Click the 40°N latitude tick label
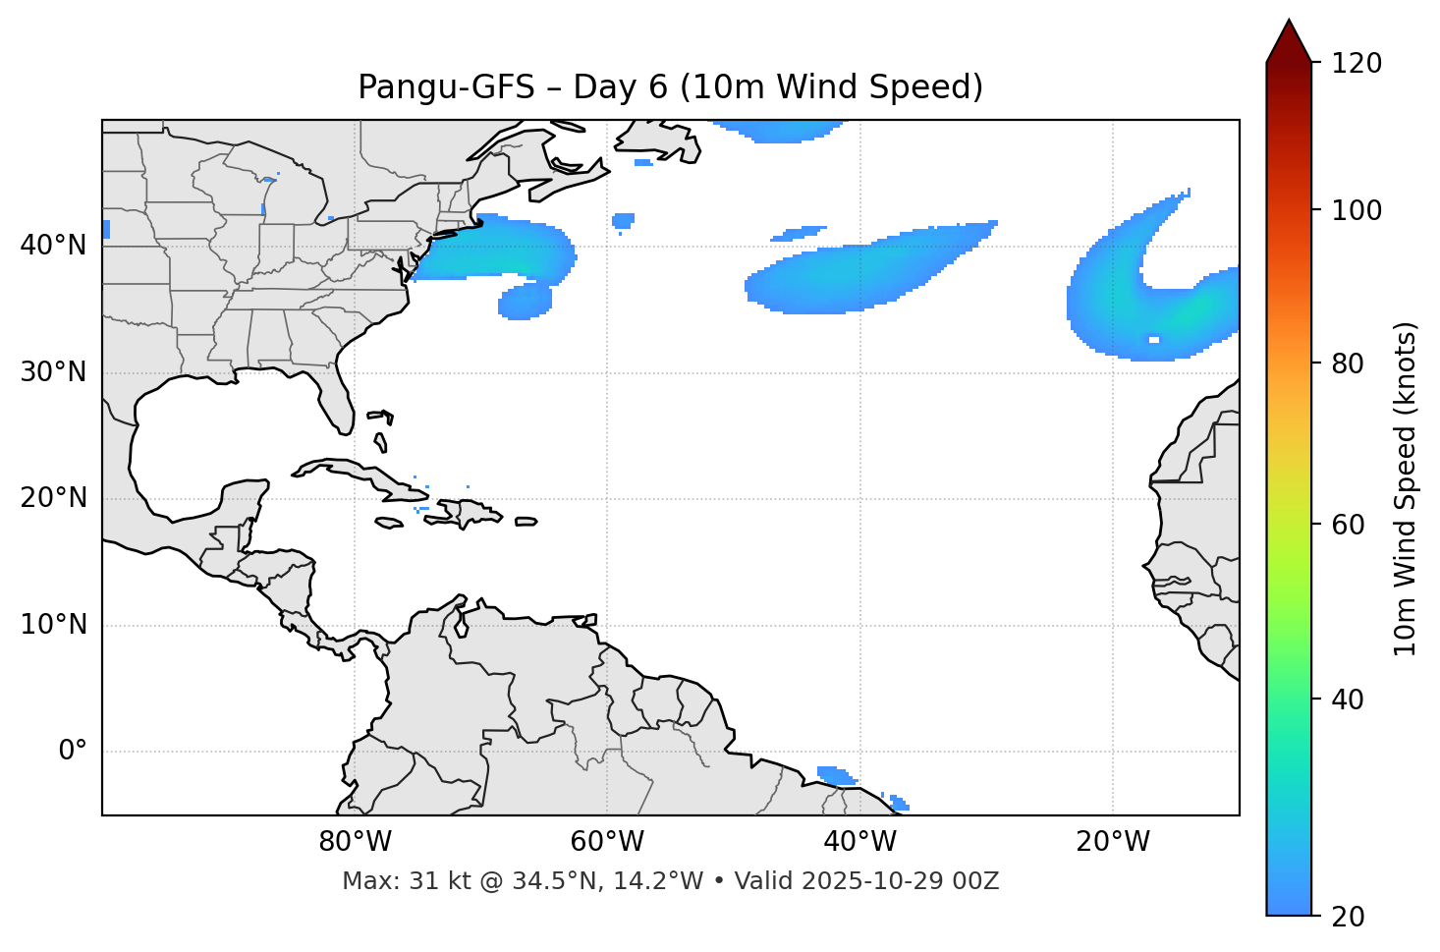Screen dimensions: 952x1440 53,246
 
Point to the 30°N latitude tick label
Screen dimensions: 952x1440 53,372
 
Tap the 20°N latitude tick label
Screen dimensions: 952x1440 53,499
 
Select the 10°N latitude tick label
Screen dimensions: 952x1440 53,625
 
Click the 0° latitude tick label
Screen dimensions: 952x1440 73,752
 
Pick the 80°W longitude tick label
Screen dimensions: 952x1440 355,842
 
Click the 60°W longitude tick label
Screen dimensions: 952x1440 607,842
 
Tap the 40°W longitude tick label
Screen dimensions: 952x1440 859,842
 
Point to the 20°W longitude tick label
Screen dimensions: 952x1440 1113,842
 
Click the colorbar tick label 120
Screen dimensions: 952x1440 1357,63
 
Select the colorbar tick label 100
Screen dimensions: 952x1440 1357,210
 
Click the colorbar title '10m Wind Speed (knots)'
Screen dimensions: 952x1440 1406,489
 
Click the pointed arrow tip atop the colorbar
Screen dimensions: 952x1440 1289,24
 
